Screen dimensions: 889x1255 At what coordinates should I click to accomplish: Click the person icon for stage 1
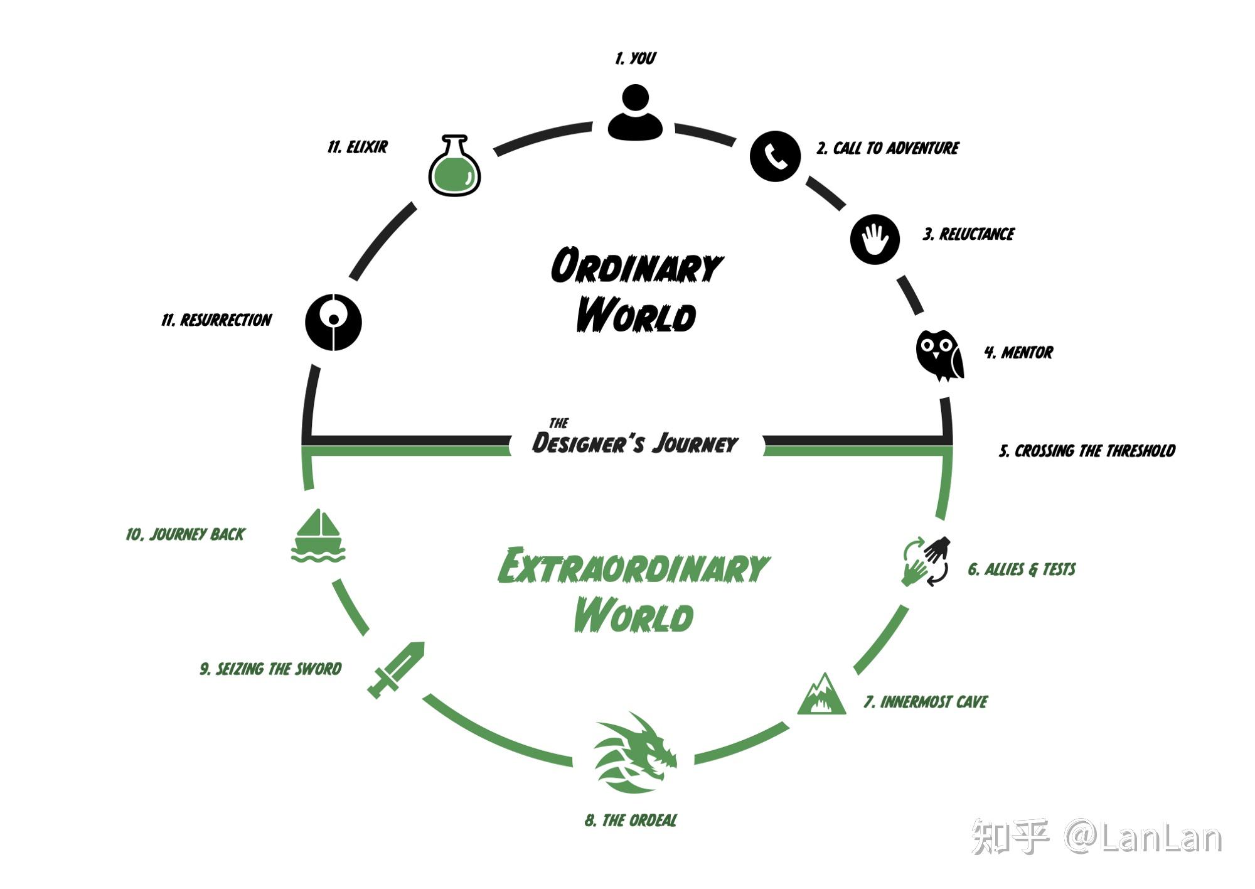coord(635,113)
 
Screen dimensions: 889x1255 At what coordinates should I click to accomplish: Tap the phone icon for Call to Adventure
coord(775,156)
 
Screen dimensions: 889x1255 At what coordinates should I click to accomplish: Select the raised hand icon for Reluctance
coord(875,239)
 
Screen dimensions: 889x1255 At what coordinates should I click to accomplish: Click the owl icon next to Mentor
coord(939,355)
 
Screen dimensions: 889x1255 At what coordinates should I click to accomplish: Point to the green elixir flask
coord(454,166)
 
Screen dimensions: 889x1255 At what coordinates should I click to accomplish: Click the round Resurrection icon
coord(333,322)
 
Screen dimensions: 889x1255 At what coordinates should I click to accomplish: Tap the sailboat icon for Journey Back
coord(318,536)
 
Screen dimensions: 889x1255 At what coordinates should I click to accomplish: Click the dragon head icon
coord(634,752)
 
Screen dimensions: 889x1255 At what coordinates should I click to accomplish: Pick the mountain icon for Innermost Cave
coord(821,695)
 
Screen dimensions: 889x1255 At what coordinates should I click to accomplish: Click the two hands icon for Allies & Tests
coord(926,561)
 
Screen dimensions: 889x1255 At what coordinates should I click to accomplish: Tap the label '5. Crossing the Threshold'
coord(1087,451)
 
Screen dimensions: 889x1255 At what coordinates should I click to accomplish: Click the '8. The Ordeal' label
coord(631,821)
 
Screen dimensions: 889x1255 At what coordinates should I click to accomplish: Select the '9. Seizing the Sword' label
coord(270,669)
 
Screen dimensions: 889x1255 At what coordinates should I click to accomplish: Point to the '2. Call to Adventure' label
coord(887,148)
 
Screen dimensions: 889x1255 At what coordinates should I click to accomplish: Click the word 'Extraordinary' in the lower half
coord(633,566)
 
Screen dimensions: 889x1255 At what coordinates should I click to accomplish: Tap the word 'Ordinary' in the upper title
coord(636,267)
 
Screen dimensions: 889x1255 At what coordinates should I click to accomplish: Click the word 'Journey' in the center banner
coord(695,444)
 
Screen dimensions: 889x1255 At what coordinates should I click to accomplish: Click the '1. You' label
coord(635,58)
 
